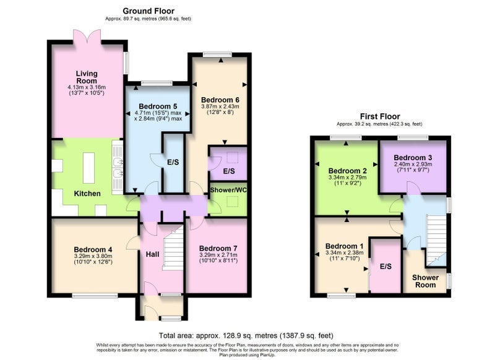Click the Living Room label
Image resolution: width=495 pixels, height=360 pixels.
tap(87, 77)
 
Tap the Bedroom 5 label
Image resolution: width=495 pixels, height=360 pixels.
tap(158, 106)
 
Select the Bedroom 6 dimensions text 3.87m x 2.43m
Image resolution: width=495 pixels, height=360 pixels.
tap(220, 106)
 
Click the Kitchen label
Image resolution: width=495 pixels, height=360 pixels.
tap(87, 194)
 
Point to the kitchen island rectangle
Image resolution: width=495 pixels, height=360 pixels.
tap(88, 168)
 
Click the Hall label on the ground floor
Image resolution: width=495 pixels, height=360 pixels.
tap(152, 254)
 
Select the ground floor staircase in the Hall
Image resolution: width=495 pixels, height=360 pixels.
tap(173, 250)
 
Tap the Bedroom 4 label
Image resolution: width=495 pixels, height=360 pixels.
tap(93, 249)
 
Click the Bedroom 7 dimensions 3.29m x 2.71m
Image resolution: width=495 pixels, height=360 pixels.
tap(218, 255)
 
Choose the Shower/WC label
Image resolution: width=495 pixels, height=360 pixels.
tap(228, 190)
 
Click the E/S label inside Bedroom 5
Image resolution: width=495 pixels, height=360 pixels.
tap(173, 162)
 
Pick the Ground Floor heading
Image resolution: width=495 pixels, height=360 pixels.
tap(148, 11)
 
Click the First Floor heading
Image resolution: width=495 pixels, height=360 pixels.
tap(380, 116)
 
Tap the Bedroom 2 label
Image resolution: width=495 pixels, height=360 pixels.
tap(347, 171)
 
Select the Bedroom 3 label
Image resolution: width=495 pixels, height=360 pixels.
tap(413, 158)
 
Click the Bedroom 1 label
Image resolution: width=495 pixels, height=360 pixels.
tap(345, 246)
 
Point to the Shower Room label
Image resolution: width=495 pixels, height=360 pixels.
tap(425, 281)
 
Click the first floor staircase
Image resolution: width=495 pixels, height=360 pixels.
tap(436, 240)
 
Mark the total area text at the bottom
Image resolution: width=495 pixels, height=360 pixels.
tap(246, 335)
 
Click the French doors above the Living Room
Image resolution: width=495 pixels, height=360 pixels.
tap(87, 36)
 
